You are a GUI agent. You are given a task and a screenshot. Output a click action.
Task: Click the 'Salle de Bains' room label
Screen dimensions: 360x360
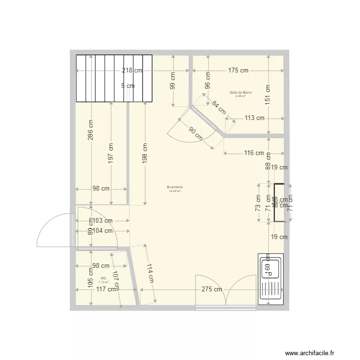pyautogui.click(x=240, y=92)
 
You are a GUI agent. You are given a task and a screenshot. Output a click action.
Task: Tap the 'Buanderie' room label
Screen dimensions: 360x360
pyautogui.click(x=175, y=187)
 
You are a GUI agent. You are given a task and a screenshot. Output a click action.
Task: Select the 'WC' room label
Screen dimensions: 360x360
pyautogui.click(x=103, y=278)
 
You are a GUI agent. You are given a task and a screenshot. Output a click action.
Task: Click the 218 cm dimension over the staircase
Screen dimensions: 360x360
pyautogui.click(x=132, y=71)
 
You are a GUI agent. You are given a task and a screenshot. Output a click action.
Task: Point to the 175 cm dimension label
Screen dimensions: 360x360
pyautogui.click(x=238, y=71)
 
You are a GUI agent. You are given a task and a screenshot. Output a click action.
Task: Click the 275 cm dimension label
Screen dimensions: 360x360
pyautogui.click(x=211, y=289)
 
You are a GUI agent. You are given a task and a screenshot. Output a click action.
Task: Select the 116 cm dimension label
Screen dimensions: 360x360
pyautogui.click(x=253, y=153)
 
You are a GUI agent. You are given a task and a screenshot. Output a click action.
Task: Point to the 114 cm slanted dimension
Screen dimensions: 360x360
pyautogui.click(x=150, y=274)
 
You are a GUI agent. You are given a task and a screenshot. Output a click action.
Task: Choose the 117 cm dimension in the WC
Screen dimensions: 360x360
pyautogui.click(x=105, y=289)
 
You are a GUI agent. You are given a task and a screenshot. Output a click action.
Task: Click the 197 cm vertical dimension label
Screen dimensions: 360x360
pyautogui.click(x=111, y=152)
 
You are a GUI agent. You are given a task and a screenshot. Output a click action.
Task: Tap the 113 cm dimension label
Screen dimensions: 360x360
pyautogui.click(x=254, y=118)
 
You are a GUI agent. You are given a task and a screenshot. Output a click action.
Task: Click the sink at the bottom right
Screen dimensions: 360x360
pyautogui.click(x=270, y=278)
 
